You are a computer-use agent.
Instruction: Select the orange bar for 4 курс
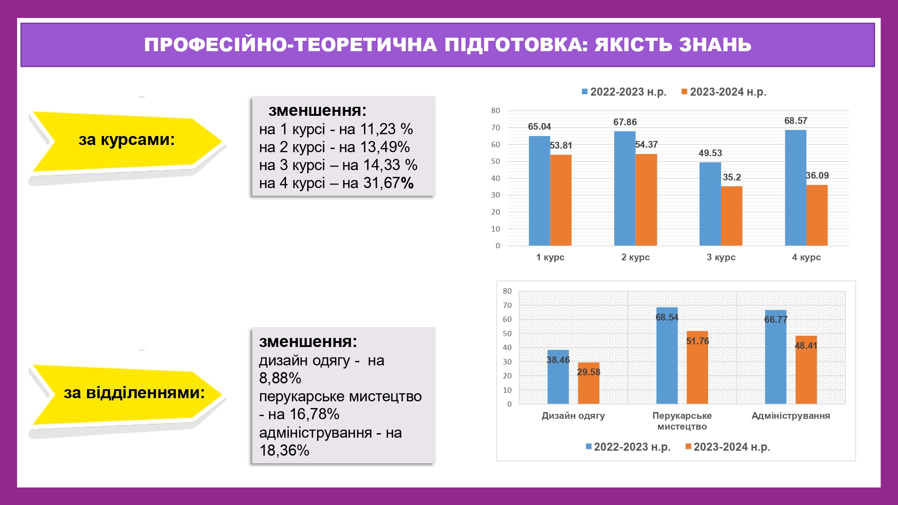coord(817,215)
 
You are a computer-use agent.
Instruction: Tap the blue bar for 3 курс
coord(710,204)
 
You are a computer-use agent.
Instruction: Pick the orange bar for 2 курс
coord(646,200)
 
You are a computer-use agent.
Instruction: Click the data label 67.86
coord(625,122)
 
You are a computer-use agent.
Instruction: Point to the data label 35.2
coord(732,177)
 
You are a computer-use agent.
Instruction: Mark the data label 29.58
coord(589,372)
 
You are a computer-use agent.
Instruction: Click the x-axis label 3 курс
coord(721,257)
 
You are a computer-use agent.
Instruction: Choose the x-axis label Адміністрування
coord(791,416)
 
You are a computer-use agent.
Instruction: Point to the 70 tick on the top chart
coord(495,127)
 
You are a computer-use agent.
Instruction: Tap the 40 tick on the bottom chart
coord(507,347)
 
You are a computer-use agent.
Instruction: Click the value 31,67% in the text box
coord(389,183)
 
